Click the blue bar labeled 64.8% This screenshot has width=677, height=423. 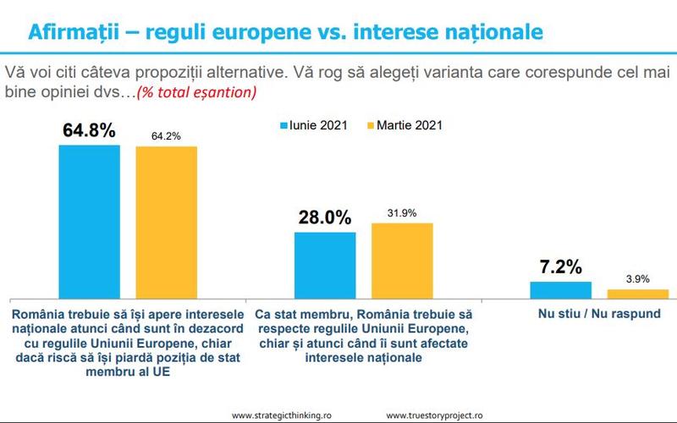[89, 220]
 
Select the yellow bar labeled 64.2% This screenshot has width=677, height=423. [166, 221]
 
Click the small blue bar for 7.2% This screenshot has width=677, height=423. [560, 288]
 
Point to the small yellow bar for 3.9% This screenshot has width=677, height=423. [637, 293]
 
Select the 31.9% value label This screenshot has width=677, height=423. [402, 213]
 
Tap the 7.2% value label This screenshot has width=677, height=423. [560, 268]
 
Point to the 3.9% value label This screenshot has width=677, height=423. [637, 278]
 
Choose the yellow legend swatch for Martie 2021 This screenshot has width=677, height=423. [369, 124]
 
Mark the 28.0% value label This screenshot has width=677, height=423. [324, 217]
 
